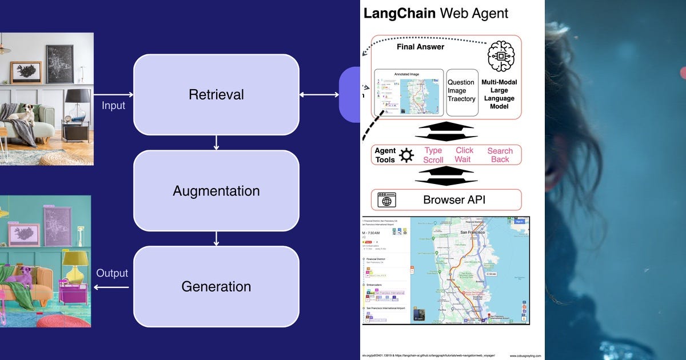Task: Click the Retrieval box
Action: click(x=216, y=95)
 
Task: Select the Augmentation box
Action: click(x=216, y=191)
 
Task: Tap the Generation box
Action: click(x=216, y=286)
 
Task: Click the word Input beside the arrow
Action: click(x=113, y=105)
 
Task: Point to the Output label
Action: click(x=112, y=273)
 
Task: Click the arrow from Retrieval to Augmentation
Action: click(x=216, y=143)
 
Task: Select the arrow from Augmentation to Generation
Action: click(x=216, y=238)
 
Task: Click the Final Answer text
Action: click(x=420, y=47)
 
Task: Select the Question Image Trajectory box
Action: click(x=461, y=91)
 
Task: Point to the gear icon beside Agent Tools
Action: click(x=406, y=155)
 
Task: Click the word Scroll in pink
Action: click(x=433, y=160)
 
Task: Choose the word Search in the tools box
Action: click(x=500, y=151)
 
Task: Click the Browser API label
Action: click(x=454, y=200)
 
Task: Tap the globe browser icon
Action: click(x=387, y=201)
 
